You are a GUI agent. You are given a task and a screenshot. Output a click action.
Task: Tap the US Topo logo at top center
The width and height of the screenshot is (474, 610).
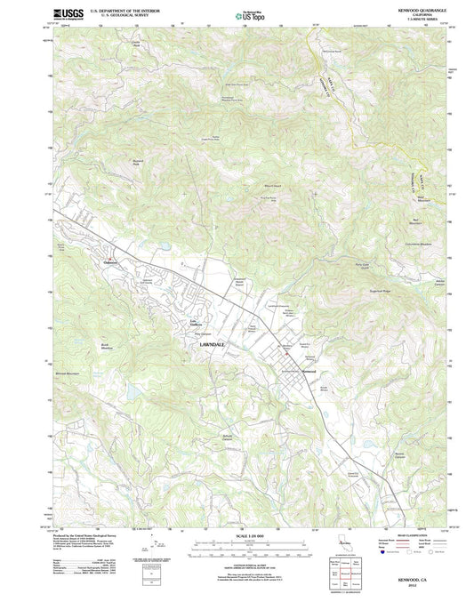point(249,15)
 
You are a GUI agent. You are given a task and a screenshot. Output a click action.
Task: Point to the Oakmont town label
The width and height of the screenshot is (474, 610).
point(111,262)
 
